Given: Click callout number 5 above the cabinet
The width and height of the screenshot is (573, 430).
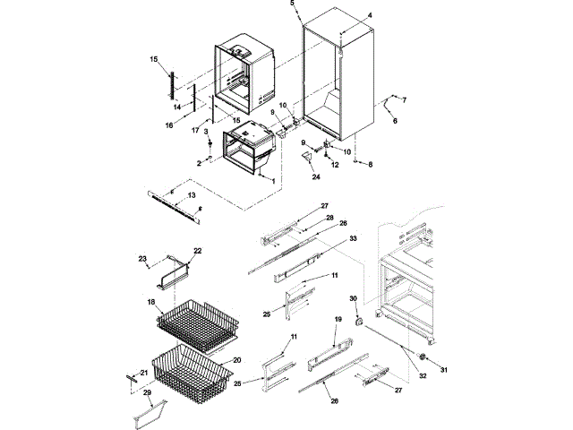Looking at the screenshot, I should pyautogui.click(x=292, y=4).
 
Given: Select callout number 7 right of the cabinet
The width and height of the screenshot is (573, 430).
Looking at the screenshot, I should pyautogui.click(x=403, y=99).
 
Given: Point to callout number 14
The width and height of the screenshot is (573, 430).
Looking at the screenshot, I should pyautogui.click(x=176, y=107).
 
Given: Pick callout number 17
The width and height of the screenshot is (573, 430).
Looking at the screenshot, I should pyautogui.click(x=194, y=130).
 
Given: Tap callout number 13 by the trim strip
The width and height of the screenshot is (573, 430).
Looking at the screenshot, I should pyautogui.click(x=191, y=194).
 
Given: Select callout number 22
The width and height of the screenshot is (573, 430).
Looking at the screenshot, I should pyautogui.click(x=198, y=251).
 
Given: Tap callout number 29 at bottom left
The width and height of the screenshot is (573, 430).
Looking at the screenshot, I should pyautogui.click(x=147, y=394).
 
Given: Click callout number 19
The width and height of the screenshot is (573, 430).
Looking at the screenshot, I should pyautogui.click(x=339, y=319).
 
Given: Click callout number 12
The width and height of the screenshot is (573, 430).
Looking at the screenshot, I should pyautogui.click(x=337, y=165).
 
